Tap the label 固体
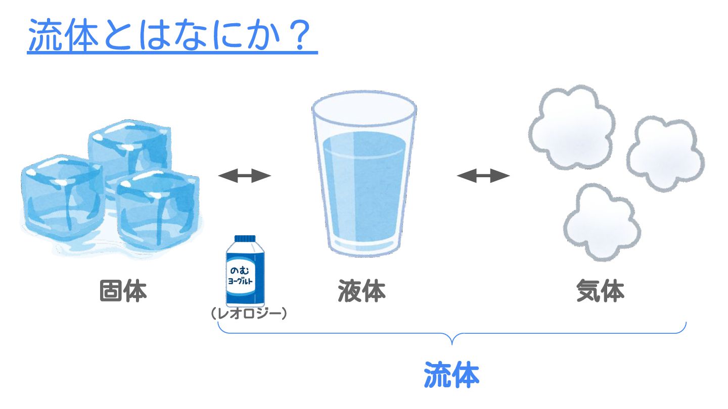coord(123,292)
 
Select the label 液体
coord(362,292)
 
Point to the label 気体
coord(600,292)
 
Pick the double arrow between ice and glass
coord(245,176)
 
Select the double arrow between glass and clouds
coord(483,176)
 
